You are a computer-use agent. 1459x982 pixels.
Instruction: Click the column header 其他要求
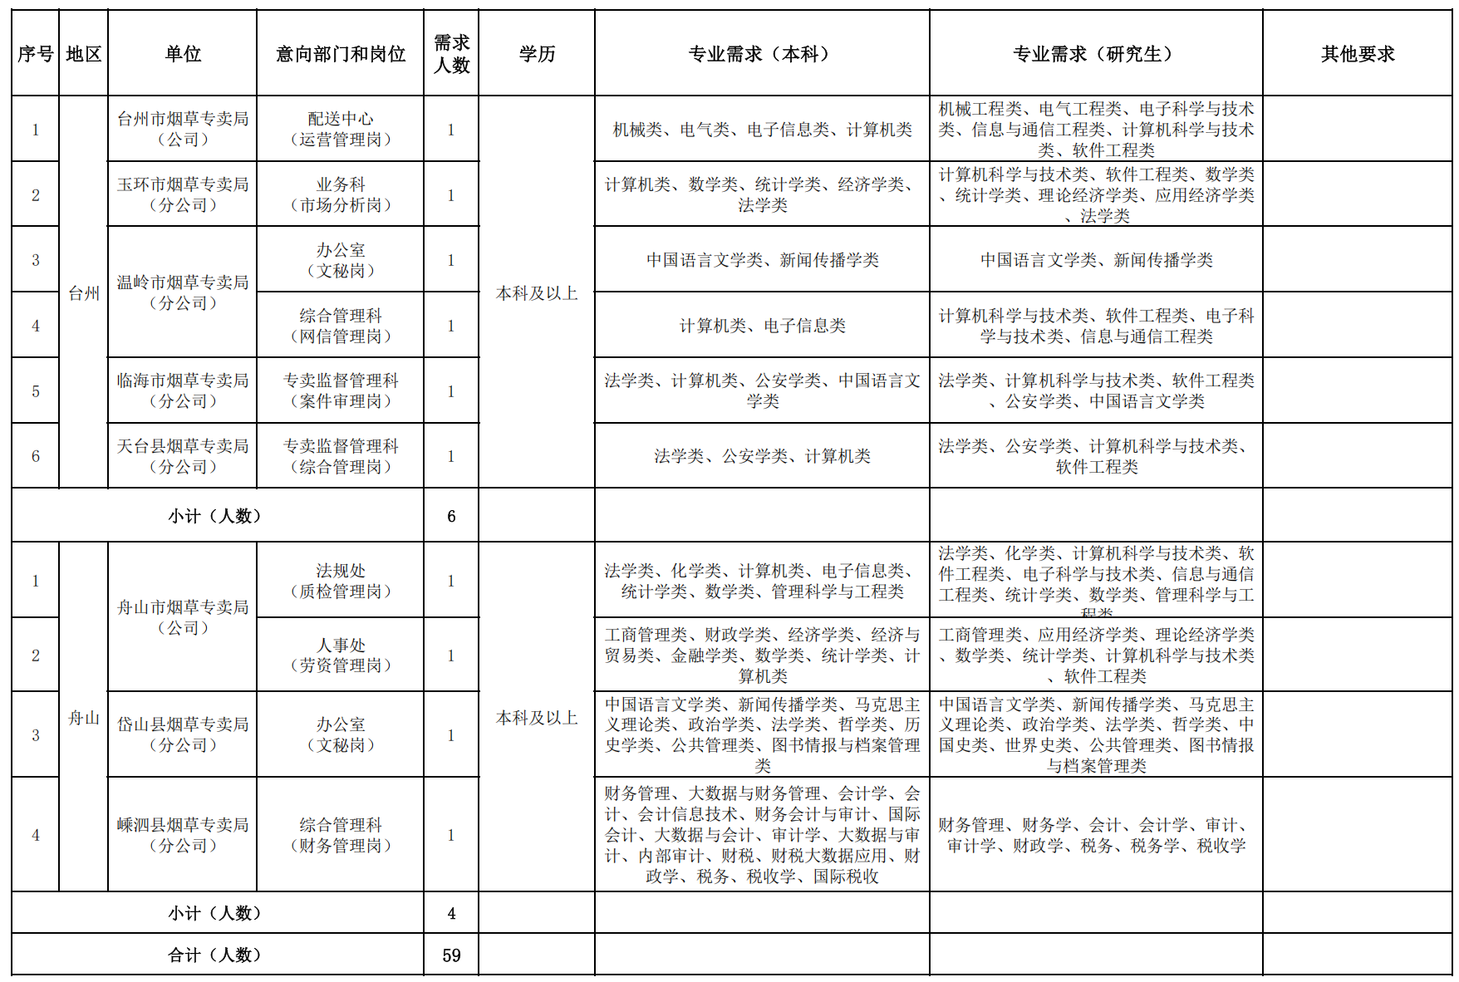[1358, 54]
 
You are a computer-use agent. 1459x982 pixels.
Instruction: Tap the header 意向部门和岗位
[341, 54]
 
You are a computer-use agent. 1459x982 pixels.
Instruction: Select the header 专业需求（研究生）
[1096, 54]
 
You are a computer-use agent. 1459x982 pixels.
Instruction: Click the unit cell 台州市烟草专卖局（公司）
[183, 129]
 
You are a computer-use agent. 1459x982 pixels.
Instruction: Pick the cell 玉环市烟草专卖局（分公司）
[183, 194]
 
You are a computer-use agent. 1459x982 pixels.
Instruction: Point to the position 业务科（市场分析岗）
[341, 194]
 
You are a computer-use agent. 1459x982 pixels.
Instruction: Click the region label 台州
[84, 293]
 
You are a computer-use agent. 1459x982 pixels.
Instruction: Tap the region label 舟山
[84, 718]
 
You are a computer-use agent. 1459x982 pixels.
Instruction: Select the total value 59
[451, 955]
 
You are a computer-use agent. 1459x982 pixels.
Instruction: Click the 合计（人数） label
[216, 955]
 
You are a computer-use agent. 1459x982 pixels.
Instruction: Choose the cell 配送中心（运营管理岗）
[341, 129]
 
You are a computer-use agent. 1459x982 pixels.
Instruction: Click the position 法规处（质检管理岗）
[341, 581]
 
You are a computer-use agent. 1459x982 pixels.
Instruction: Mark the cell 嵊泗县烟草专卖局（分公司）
[183, 835]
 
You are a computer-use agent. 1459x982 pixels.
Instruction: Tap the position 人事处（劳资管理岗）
[341, 655]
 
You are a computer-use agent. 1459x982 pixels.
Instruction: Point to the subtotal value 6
[451, 516]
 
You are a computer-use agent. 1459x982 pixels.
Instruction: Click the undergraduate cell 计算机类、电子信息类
[762, 326]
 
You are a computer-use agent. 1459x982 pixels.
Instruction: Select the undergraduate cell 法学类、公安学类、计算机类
[762, 456]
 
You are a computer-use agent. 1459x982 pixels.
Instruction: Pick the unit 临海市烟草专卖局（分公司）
[183, 390]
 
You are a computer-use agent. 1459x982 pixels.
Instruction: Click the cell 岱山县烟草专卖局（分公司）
[183, 734]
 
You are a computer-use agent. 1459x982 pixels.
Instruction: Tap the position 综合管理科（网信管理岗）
[341, 326]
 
